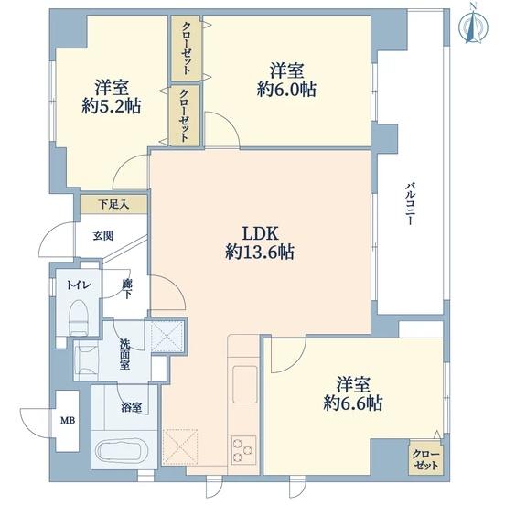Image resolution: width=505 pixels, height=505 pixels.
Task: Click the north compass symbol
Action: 473,27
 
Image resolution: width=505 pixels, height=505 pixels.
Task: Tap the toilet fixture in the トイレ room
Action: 79,317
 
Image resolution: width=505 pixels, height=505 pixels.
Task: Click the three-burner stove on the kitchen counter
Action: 243,450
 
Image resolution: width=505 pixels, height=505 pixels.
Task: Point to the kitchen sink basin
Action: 245,384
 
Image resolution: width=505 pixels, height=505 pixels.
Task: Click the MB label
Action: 68,420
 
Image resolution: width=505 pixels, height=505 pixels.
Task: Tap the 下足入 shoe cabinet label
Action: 113,204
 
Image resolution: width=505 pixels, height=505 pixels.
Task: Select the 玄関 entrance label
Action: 103,236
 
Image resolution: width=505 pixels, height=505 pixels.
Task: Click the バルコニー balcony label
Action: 409,203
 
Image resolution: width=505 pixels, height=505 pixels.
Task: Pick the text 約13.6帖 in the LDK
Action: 259,252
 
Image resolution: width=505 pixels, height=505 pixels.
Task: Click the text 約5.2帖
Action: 112,106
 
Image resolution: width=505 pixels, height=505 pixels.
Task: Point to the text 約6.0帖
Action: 286,89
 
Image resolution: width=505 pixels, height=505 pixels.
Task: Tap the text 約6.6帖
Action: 353,403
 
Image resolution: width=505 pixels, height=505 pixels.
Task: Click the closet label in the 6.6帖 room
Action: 425,460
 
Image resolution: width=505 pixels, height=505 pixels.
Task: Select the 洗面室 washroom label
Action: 125,354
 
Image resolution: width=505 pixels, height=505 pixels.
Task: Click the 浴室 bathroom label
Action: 131,408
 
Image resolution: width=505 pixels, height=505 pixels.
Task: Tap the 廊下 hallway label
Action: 127,289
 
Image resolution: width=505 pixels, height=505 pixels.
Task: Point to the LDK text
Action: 260,233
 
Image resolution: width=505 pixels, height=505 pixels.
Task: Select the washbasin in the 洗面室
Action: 86,360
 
